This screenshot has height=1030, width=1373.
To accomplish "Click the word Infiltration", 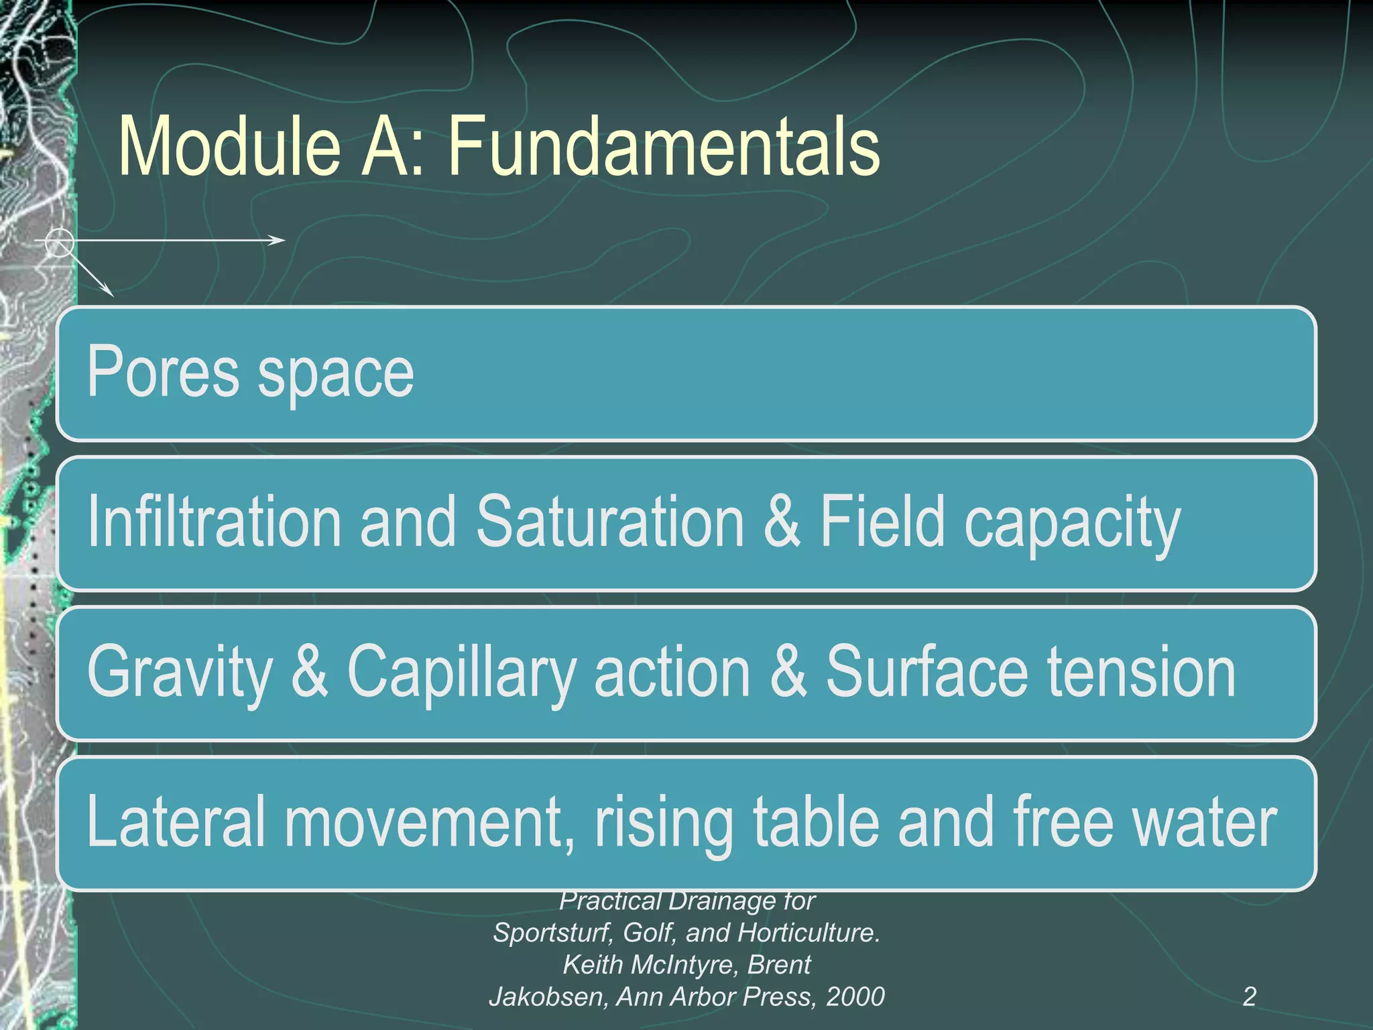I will click(215, 522).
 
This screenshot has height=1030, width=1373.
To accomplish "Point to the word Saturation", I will click(610, 522).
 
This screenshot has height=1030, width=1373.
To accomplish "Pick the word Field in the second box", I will click(882, 522).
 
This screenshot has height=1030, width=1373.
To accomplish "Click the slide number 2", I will click(1249, 996).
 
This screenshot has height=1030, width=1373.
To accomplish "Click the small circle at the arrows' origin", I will click(59, 241).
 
